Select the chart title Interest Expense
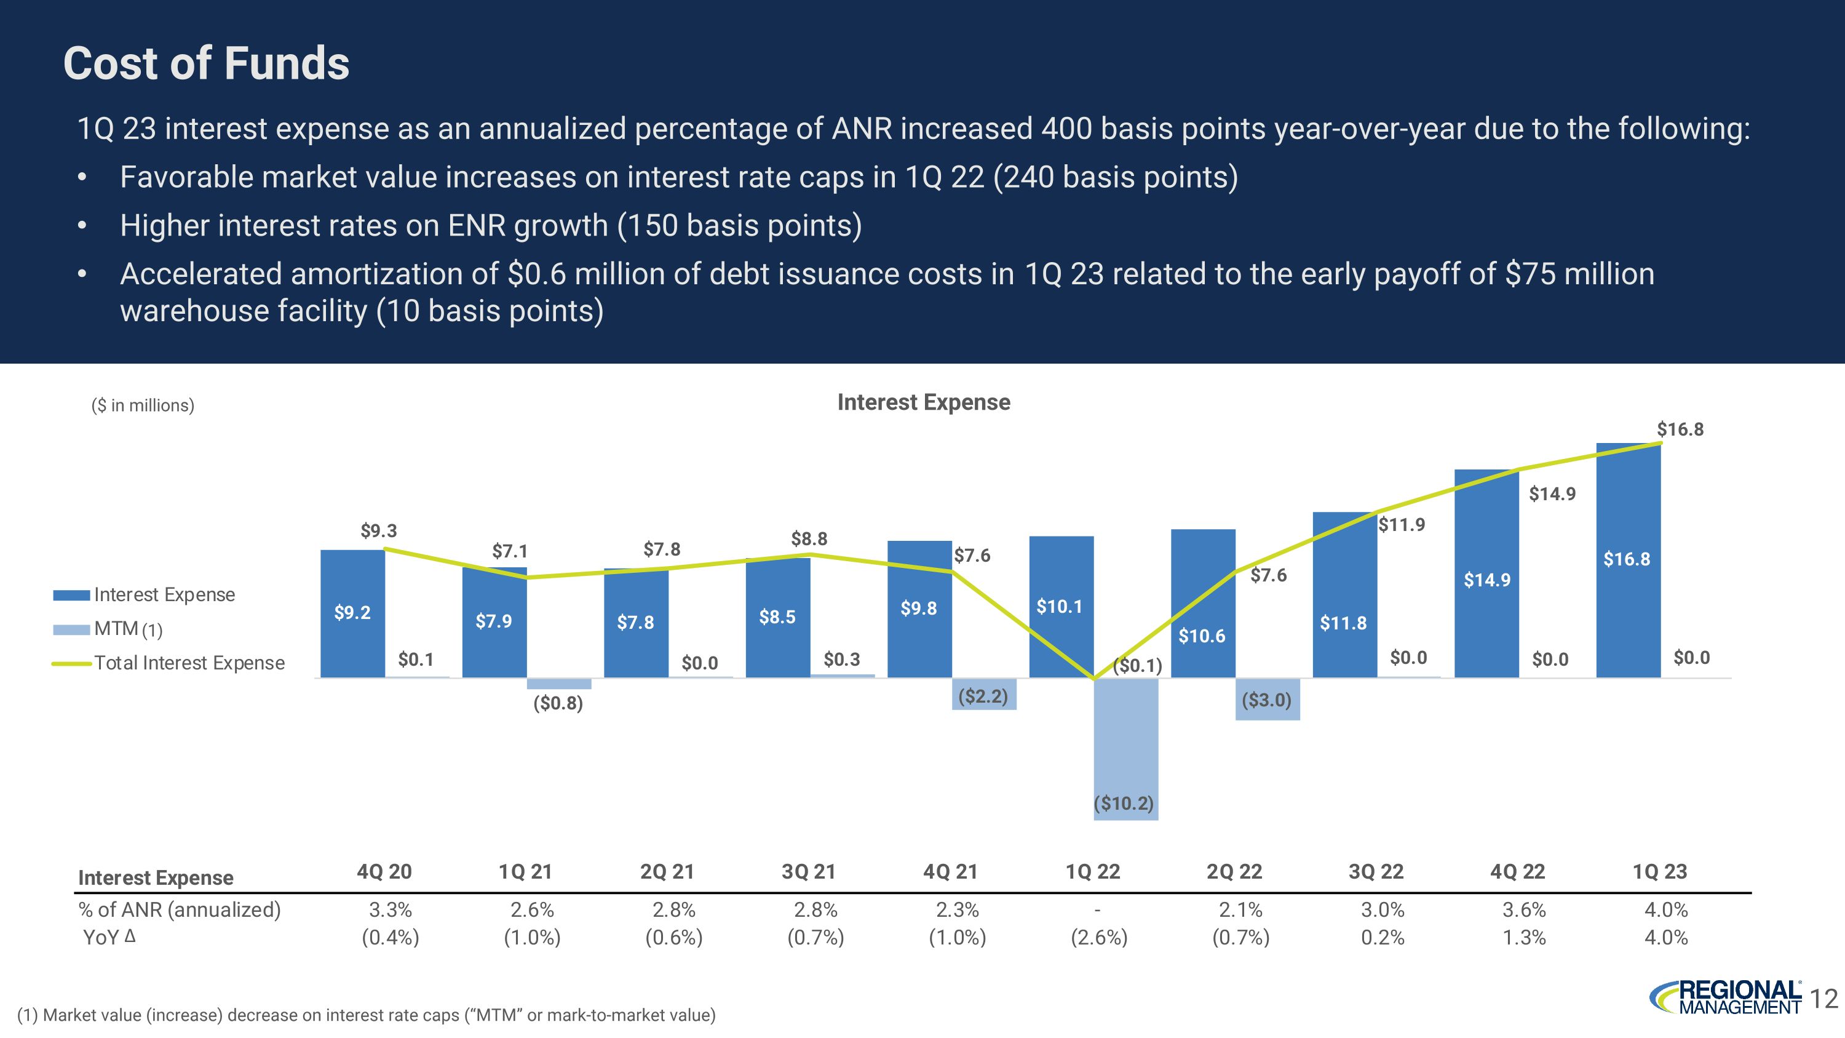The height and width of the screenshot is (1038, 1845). [x=923, y=402]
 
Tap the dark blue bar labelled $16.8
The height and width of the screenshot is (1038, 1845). [x=1627, y=559]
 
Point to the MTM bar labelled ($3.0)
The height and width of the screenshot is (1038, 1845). [x=1267, y=699]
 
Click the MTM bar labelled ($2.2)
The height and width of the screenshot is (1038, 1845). [x=983, y=695]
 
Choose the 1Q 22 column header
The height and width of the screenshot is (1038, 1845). [x=1092, y=872]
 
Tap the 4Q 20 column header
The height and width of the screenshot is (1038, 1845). [x=384, y=872]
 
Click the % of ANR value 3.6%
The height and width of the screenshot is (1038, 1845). [x=1524, y=910]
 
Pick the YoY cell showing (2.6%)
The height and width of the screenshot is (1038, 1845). [x=1098, y=938]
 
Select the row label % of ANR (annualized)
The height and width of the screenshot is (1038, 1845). [x=180, y=910]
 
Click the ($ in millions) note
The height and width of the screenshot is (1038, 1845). [x=143, y=405]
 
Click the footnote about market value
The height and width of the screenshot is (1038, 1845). [x=366, y=1015]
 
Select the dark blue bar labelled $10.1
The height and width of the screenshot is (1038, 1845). [x=1061, y=607]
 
